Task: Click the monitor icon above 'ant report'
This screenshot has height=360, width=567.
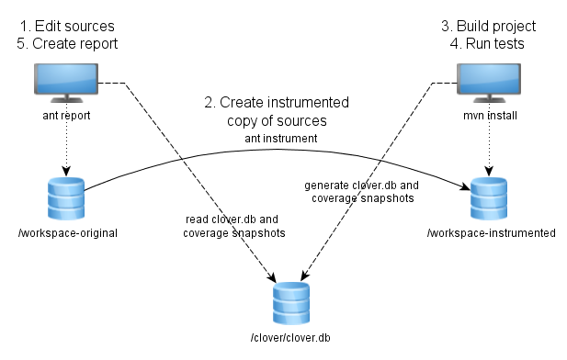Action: (66, 84)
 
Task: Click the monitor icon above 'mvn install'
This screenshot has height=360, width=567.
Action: (489, 84)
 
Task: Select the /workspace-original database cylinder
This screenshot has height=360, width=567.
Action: (66, 198)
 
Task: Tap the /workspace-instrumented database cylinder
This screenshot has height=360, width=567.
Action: (489, 198)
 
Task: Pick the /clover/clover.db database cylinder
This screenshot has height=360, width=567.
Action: (291, 303)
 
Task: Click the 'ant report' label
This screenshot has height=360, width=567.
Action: (66, 116)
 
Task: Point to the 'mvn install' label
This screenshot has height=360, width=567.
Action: (490, 116)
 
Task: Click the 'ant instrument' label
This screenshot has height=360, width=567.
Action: (281, 139)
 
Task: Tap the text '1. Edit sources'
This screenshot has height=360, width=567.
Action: (67, 26)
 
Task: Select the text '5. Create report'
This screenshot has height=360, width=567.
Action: (67, 44)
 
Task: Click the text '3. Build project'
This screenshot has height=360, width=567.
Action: (489, 26)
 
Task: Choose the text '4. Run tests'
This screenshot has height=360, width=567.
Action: (487, 44)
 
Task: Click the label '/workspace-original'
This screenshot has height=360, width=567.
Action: (68, 233)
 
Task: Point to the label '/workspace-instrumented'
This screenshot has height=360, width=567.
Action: (492, 233)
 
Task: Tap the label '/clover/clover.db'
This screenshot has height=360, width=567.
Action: (290, 338)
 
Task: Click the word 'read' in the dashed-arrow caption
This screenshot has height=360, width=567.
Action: (197, 219)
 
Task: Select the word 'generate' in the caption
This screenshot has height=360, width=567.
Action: (326, 186)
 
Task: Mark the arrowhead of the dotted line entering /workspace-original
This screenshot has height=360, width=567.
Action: (66, 172)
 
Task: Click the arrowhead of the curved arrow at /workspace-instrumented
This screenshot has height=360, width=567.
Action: (465, 186)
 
